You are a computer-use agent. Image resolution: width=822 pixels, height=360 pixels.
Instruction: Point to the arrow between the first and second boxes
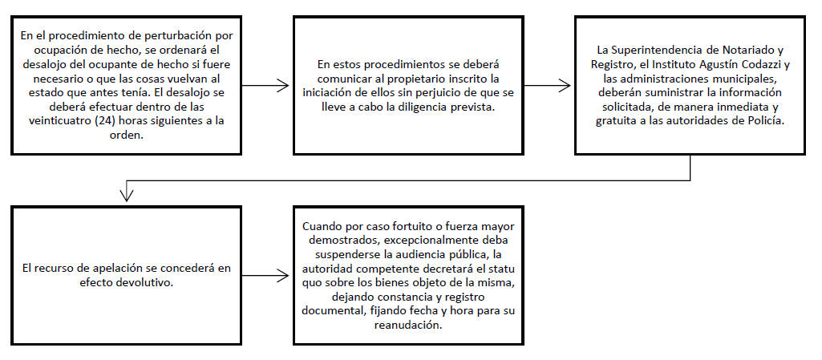click(265, 86)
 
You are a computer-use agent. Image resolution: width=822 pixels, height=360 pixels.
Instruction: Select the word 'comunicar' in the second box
click(342, 79)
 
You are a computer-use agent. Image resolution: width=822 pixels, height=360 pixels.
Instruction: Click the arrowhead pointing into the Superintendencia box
click(565, 86)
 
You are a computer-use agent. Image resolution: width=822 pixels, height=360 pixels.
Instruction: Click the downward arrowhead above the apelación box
click(127, 195)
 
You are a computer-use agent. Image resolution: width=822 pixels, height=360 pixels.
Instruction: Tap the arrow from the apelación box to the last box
click(265, 275)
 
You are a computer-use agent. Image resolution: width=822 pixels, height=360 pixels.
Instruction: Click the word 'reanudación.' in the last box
click(408, 325)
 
